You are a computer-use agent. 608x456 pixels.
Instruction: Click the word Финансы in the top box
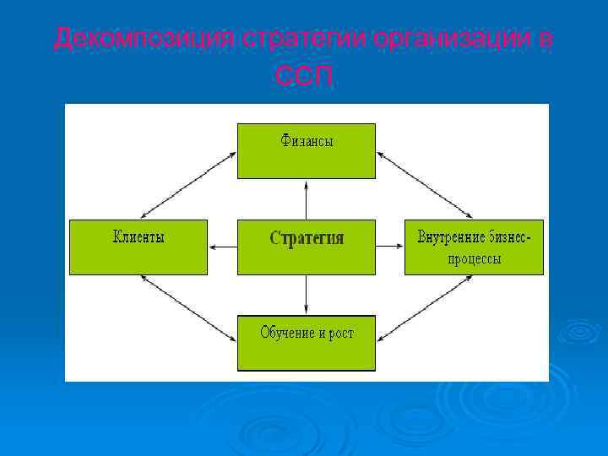[307, 142]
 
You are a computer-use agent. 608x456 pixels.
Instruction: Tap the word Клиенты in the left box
[138, 237]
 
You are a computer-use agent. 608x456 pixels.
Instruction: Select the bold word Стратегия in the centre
[307, 238]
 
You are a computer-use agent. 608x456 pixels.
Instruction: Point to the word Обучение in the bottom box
[288, 333]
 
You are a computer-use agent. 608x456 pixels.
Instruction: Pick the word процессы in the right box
[474, 258]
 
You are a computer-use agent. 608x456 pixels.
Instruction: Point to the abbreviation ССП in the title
[305, 77]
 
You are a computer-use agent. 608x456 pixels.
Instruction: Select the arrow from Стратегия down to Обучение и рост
[307, 295]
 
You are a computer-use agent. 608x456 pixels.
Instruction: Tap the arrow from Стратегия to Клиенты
[222, 247]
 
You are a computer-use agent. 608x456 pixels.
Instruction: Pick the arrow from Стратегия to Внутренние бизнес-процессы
[390, 247]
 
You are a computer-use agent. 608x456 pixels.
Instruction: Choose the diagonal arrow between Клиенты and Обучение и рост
[187, 309]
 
